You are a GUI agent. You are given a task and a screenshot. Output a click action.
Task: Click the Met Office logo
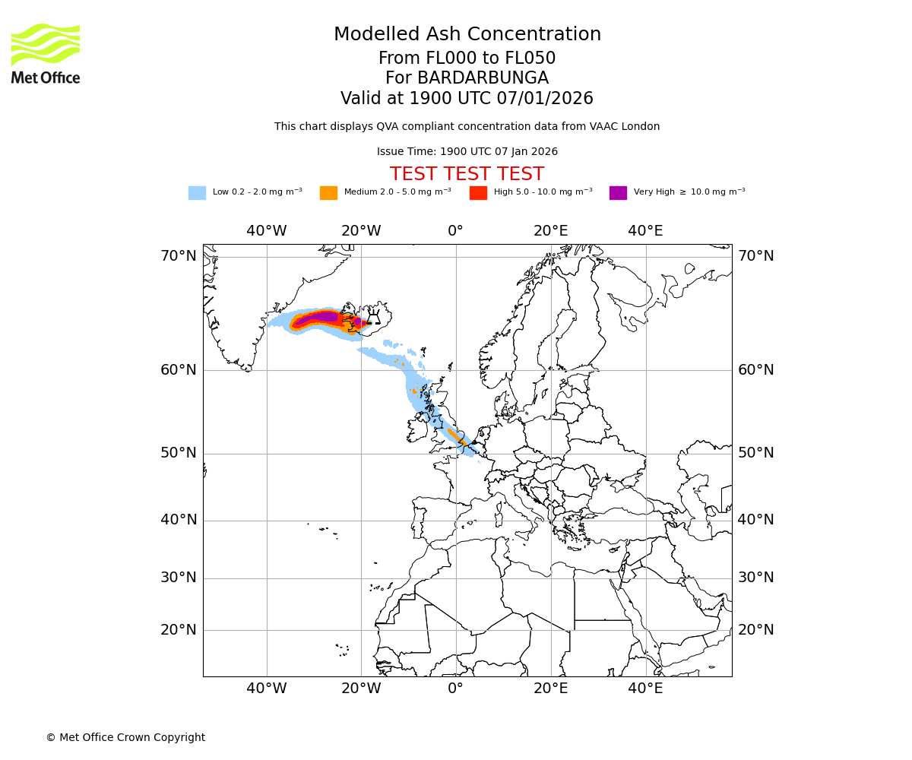pyautogui.click(x=46, y=53)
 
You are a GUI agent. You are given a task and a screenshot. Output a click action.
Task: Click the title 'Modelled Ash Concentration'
pyautogui.click(x=467, y=35)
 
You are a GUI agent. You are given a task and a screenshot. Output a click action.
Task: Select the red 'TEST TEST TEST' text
pyautogui.click(x=467, y=175)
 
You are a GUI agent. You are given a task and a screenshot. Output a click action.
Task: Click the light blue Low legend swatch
pyautogui.click(x=197, y=193)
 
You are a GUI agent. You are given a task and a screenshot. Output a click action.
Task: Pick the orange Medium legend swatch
pyautogui.click(x=328, y=193)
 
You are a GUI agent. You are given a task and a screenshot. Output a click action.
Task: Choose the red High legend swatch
pyautogui.click(x=478, y=193)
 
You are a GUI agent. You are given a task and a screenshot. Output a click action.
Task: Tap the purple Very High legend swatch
pyautogui.click(x=618, y=193)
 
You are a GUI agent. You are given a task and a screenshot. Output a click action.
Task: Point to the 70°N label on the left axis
pyautogui.click(x=179, y=256)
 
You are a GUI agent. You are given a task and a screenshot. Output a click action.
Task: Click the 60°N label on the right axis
pyautogui.click(x=756, y=370)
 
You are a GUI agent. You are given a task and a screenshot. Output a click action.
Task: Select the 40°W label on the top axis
pyautogui.click(x=267, y=231)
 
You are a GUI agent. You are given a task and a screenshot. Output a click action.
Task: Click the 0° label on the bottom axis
pyautogui.click(x=455, y=689)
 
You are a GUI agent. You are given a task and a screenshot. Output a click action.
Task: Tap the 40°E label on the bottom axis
pyautogui.click(x=645, y=689)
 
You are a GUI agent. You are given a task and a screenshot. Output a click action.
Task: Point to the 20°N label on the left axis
pyautogui.click(x=179, y=630)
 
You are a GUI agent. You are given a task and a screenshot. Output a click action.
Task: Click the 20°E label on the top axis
pyautogui.click(x=550, y=231)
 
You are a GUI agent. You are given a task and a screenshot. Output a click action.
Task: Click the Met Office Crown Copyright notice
pyautogui.click(x=125, y=737)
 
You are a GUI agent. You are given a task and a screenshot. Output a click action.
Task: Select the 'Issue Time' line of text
pyautogui.click(x=467, y=152)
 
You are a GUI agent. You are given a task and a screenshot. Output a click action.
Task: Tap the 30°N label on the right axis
pyautogui.click(x=756, y=578)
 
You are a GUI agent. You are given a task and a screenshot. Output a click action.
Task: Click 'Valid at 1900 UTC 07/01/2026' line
pyautogui.click(x=467, y=99)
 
